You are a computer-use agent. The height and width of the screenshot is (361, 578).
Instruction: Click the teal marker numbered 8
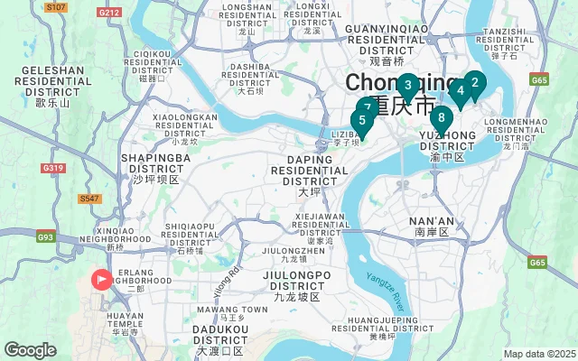tap(442, 117)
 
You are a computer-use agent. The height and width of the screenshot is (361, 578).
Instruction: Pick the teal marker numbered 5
tap(362, 120)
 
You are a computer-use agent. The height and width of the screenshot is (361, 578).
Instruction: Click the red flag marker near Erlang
tap(100, 280)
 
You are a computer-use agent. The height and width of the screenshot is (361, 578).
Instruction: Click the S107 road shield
tap(56, 6)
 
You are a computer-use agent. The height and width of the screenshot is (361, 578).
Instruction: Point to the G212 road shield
tap(109, 13)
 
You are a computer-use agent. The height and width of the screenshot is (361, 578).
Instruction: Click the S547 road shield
tap(89, 198)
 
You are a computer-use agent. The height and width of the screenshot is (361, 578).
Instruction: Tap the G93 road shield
tap(45, 237)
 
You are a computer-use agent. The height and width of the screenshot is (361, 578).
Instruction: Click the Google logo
tap(30, 349)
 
